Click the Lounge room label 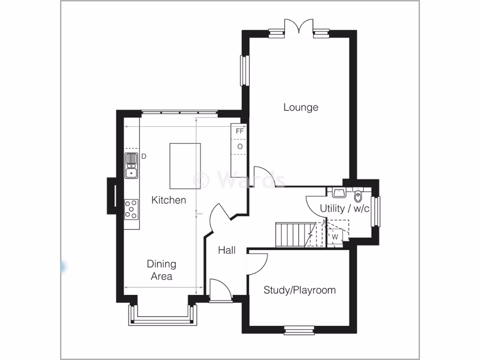click(300, 107)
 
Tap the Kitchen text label click(168, 200)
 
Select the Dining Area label click(161, 270)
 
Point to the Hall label click(227, 251)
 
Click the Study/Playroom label click(300, 290)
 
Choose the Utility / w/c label click(345, 208)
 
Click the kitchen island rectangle click(185, 166)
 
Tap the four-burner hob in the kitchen click(132, 210)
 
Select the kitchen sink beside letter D click(131, 166)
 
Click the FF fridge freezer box click(240, 131)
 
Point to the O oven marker click(240, 147)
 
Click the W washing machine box click(335, 237)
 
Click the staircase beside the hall click(293, 234)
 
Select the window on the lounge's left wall click(243, 71)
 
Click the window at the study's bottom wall click(298, 330)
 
